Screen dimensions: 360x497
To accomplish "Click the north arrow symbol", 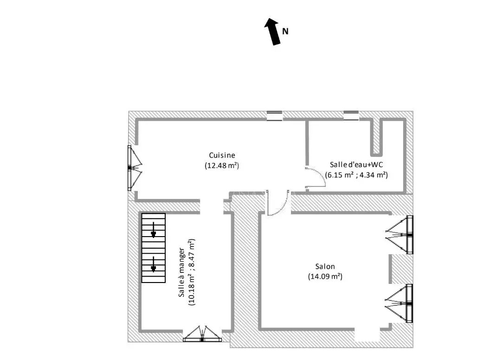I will point(273,32).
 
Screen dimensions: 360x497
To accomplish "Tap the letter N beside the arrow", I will point(285,32).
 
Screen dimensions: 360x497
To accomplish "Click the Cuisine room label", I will point(222,155).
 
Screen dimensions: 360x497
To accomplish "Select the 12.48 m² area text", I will point(222,165).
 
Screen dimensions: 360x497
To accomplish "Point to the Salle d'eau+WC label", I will point(356,165).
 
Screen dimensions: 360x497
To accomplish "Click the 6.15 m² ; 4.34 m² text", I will point(356,175).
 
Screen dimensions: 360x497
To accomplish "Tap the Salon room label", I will point(325,266).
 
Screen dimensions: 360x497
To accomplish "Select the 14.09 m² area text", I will point(325,276).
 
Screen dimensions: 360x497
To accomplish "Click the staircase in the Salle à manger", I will point(153,248).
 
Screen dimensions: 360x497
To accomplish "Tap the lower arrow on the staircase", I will point(154,265).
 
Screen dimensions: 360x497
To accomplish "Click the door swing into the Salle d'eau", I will point(316,178).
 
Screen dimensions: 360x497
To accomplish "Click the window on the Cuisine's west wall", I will point(132,168).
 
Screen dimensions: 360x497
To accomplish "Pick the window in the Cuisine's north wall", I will point(274,116).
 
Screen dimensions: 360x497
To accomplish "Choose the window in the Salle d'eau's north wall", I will point(351,115).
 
